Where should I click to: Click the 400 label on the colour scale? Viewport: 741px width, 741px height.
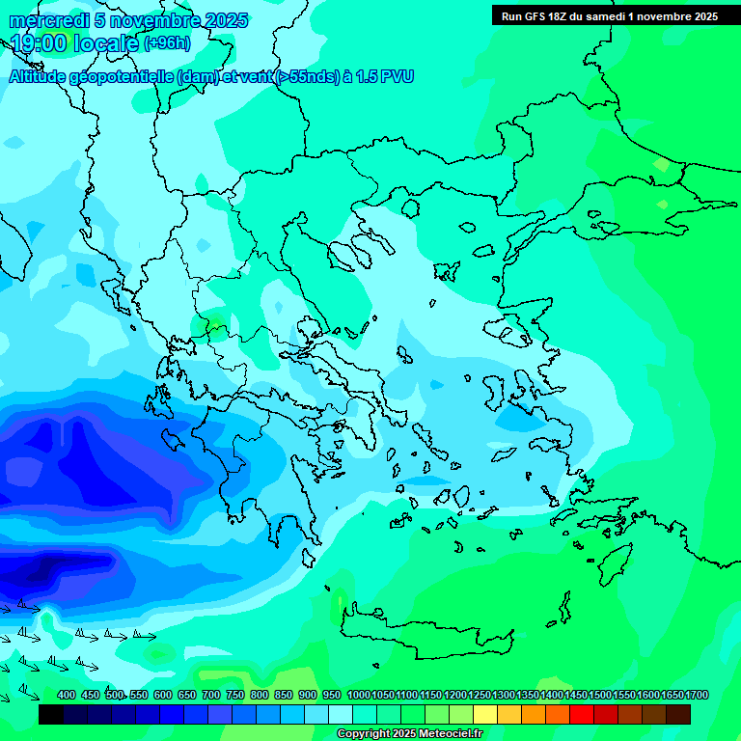click(x=67, y=695)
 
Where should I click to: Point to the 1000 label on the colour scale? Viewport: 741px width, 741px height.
click(x=358, y=695)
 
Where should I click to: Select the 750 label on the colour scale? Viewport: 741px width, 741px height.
click(x=234, y=695)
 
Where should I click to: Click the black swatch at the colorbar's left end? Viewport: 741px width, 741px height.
click(x=51, y=714)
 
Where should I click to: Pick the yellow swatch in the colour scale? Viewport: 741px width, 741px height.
click(x=485, y=714)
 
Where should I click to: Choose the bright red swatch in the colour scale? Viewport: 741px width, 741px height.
click(x=582, y=714)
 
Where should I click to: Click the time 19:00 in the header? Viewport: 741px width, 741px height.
click(x=39, y=43)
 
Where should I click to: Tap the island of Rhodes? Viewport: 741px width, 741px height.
click(x=615, y=559)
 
